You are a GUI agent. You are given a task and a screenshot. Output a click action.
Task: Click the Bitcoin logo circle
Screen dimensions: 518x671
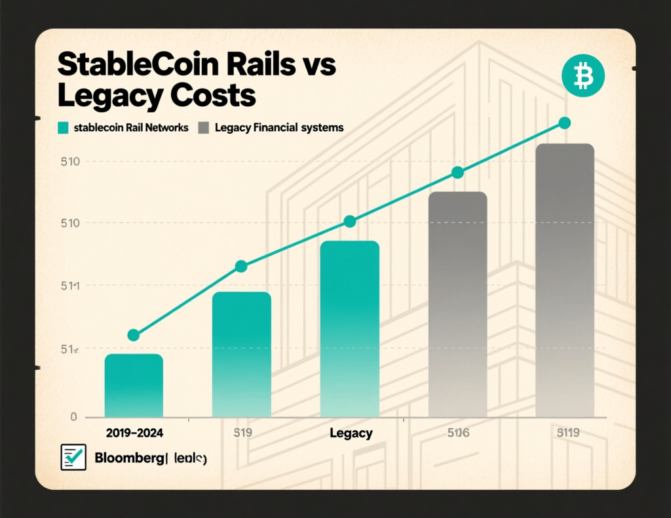pyautogui.click(x=583, y=77)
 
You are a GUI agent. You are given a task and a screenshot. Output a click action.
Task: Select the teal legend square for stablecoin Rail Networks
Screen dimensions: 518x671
pyautogui.click(x=63, y=128)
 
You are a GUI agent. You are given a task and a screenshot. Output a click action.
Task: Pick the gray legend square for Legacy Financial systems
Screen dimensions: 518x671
pyautogui.click(x=203, y=128)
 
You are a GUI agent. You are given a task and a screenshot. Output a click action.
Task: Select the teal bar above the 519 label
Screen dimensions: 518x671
pyautogui.click(x=242, y=354)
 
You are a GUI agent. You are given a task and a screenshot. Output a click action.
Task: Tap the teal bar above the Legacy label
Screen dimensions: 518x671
pyautogui.click(x=350, y=328)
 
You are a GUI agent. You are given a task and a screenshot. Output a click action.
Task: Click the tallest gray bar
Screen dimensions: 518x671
pyautogui.click(x=565, y=280)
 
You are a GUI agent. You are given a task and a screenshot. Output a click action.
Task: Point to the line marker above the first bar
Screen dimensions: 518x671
pyautogui.click(x=134, y=335)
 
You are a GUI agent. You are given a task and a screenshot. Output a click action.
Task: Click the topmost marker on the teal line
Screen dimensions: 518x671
pyautogui.click(x=565, y=123)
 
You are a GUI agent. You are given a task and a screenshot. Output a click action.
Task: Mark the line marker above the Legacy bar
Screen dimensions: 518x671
pyautogui.click(x=350, y=222)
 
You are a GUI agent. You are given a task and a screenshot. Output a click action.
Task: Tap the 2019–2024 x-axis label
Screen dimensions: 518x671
pyautogui.click(x=134, y=433)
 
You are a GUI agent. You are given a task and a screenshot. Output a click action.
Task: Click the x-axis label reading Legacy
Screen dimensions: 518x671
pyautogui.click(x=351, y=433)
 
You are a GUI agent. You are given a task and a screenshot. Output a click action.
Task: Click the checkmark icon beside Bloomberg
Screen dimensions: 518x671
pyautogui.click(x=73, y=457)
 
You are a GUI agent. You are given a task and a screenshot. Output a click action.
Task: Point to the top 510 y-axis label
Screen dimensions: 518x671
pyautogui.click(x=69, y=161)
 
